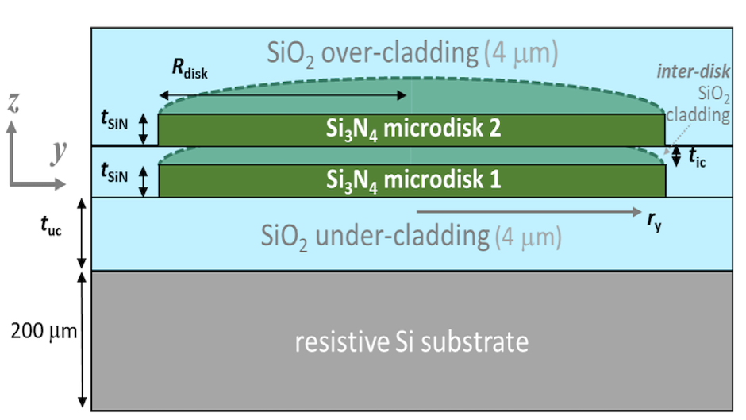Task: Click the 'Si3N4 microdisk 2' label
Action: click(413, 129)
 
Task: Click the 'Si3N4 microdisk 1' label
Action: click(413, 180)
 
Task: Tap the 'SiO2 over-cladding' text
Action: click(372, 53)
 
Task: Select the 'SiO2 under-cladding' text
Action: click(375, 237)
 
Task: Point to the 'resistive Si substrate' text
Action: click(412, 341)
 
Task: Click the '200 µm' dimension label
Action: click(44, 331)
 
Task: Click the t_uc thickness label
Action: click(51, 225)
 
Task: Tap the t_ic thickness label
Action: click(698, 156)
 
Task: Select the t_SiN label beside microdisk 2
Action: click(114, 119)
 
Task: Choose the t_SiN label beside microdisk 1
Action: click(114, 171)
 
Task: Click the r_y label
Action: click(654, 222)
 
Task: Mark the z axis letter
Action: click(13, 102)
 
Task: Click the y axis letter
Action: click(59, 152)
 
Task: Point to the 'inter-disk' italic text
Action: click(693, 71)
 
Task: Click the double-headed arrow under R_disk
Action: click(283, 95)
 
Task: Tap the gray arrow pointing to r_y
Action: click(529, 211)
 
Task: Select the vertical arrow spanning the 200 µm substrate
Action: click(82, 340)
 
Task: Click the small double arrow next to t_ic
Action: click(676, 156)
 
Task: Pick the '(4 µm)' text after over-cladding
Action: click(521, 53)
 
